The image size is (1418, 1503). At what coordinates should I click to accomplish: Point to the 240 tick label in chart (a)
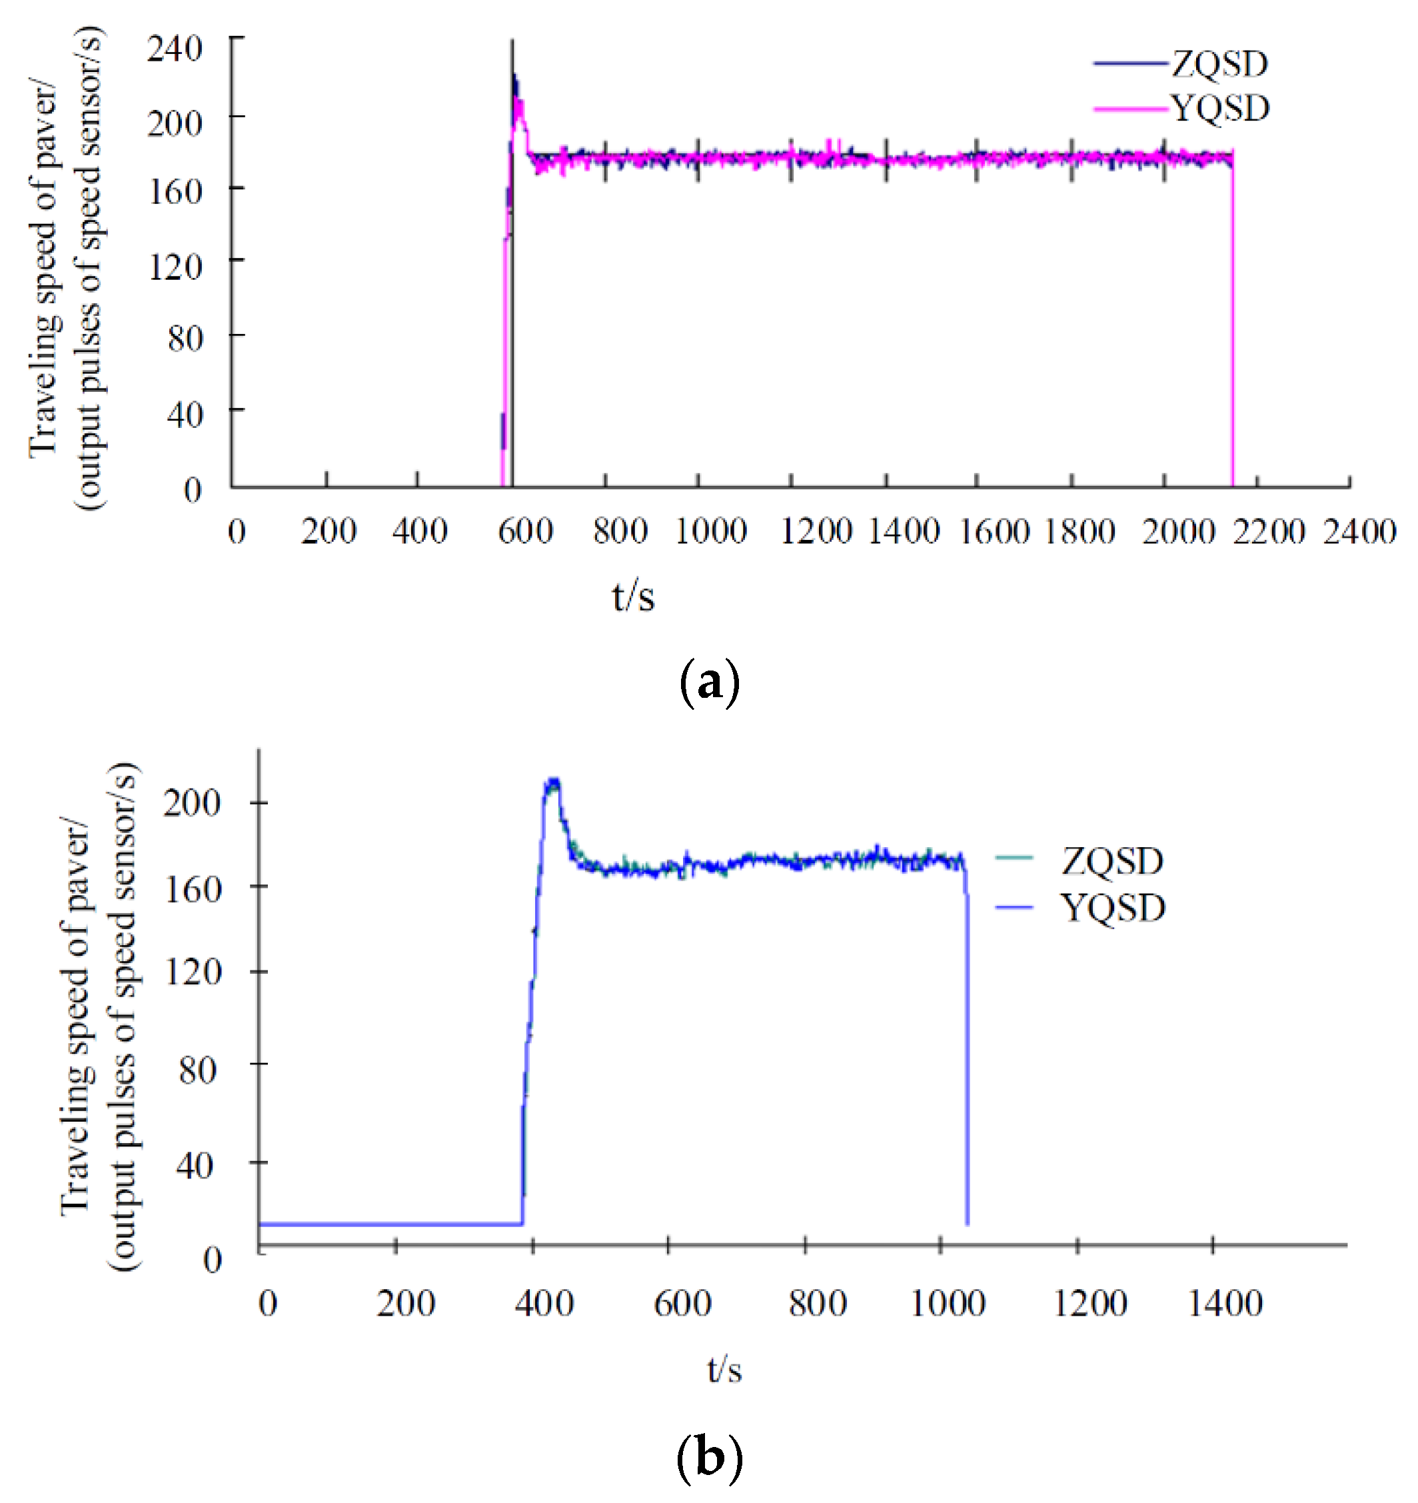[x=175, y=49]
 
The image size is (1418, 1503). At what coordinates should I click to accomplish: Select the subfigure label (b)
[x=709, y=1457]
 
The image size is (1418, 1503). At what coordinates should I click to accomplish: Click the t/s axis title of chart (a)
[x=632, y=597]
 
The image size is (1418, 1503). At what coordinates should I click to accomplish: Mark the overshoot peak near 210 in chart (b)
[x=552, y=783]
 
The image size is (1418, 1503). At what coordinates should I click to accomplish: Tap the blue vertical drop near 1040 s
[x=967, y=1058]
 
